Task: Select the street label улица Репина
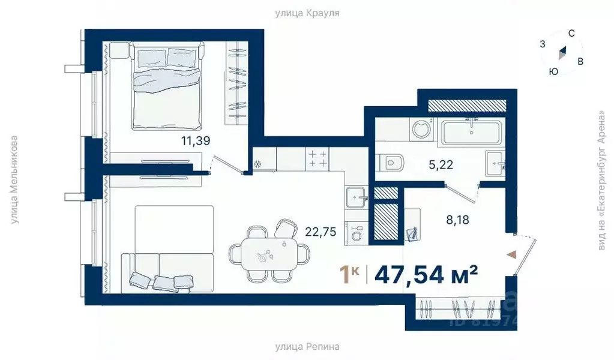click(307, 346)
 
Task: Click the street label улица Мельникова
click(15, 180)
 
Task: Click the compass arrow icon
click(562, 53)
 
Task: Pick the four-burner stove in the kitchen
click(317, 159)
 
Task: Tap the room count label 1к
click(349, 274)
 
